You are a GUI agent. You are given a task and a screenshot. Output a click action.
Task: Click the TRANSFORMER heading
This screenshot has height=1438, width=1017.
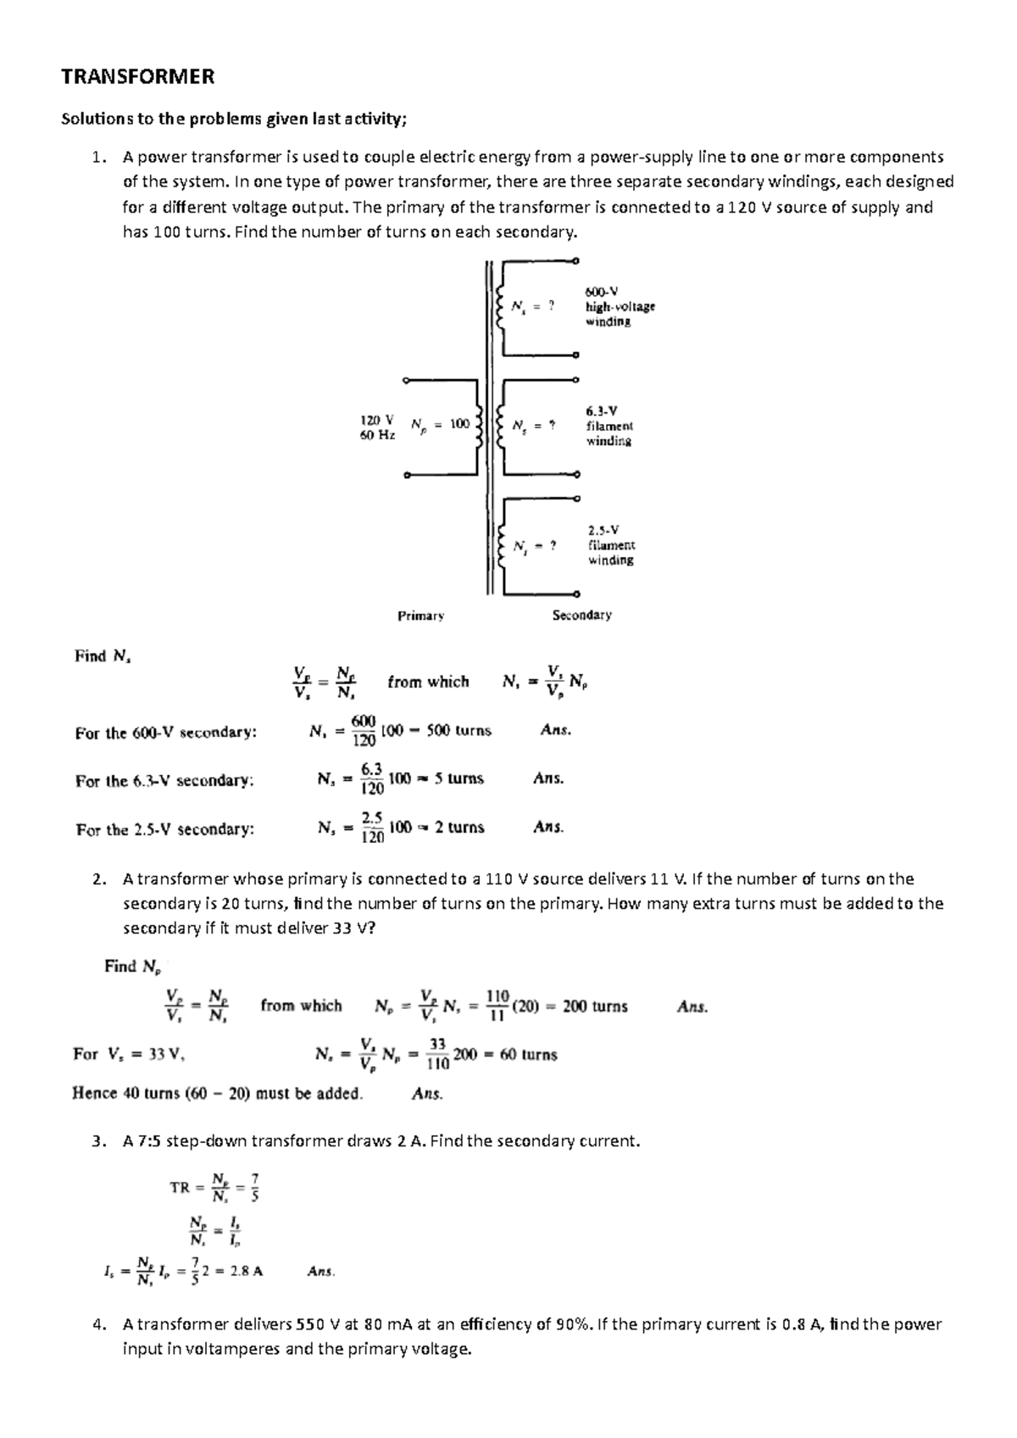(137, 77)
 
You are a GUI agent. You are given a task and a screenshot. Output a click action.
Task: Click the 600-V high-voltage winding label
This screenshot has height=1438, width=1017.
(620, 306)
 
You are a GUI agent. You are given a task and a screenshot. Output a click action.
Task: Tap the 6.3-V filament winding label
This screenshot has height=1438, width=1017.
(609, 426)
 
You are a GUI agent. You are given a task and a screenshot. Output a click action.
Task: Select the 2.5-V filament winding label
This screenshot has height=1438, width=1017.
(611, 545)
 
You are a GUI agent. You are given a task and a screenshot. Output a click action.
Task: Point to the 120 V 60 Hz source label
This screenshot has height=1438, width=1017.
(377, 427)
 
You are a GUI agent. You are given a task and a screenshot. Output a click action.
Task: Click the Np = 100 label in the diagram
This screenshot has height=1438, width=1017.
(440, 425)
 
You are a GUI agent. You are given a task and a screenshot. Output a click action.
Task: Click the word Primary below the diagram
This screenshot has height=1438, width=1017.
(420, 616)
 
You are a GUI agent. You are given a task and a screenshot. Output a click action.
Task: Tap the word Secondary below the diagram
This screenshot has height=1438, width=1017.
(581, 615)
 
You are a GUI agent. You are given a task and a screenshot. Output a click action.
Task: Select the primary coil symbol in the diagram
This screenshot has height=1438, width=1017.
(480, 427)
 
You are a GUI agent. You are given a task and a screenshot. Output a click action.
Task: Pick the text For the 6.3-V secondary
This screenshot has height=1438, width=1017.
(164, 781)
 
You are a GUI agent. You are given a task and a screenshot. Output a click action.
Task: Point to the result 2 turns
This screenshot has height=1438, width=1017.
(459, 827)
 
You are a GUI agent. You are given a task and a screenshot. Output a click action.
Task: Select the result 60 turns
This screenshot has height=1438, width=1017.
(528, 1055)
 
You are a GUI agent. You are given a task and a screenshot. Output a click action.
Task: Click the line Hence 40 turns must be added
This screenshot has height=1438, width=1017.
(217, 1094)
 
